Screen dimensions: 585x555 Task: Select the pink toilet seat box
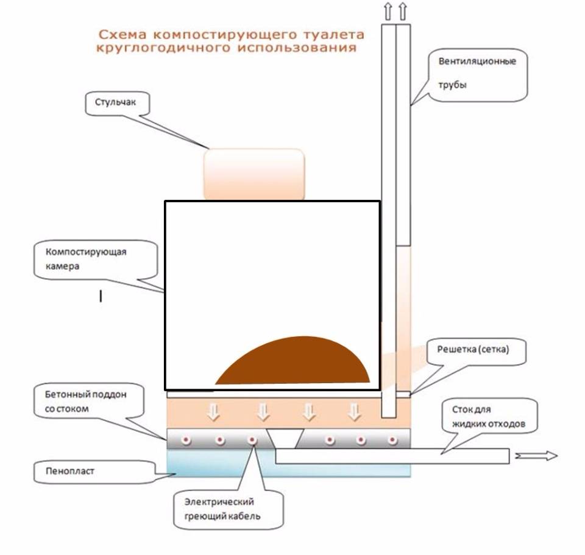[x=254, y=174]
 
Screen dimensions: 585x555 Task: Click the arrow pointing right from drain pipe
[x=536, y=456]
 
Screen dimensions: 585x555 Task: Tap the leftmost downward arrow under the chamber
[x=213, y=412]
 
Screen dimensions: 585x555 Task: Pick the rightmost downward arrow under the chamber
[x=354, y=412]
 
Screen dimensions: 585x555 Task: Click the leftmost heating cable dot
[x=185, y=440]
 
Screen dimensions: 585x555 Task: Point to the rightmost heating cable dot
[x=392, y=440]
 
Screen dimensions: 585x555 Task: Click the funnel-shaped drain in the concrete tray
[x=285, y=438]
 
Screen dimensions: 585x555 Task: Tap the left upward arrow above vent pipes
[x=388, y=10]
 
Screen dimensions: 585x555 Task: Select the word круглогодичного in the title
[x=163, y=48]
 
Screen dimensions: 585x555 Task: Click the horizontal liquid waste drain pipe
[x=392, y=456]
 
